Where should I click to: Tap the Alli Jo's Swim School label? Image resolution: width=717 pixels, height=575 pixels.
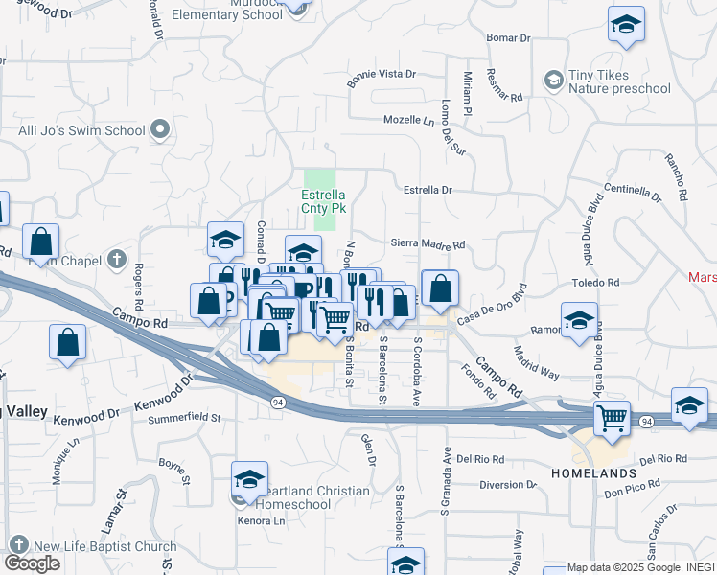(81, 129)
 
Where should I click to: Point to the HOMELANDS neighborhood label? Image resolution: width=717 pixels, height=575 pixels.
(593, 473)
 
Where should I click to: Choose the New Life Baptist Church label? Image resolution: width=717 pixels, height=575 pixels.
(104, 547)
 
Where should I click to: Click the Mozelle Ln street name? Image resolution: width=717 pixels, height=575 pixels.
(409, 121)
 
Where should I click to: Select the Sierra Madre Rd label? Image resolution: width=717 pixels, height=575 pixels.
(428, 244)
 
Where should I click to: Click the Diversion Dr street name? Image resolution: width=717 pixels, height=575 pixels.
(509, 484)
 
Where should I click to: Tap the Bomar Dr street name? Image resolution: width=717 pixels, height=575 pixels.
(508, 38)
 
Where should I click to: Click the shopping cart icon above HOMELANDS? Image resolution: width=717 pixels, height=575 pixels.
(612, 418)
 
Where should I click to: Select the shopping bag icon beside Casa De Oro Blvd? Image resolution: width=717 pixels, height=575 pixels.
(439, 287)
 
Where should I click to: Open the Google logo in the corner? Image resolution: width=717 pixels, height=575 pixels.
(32, 563)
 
